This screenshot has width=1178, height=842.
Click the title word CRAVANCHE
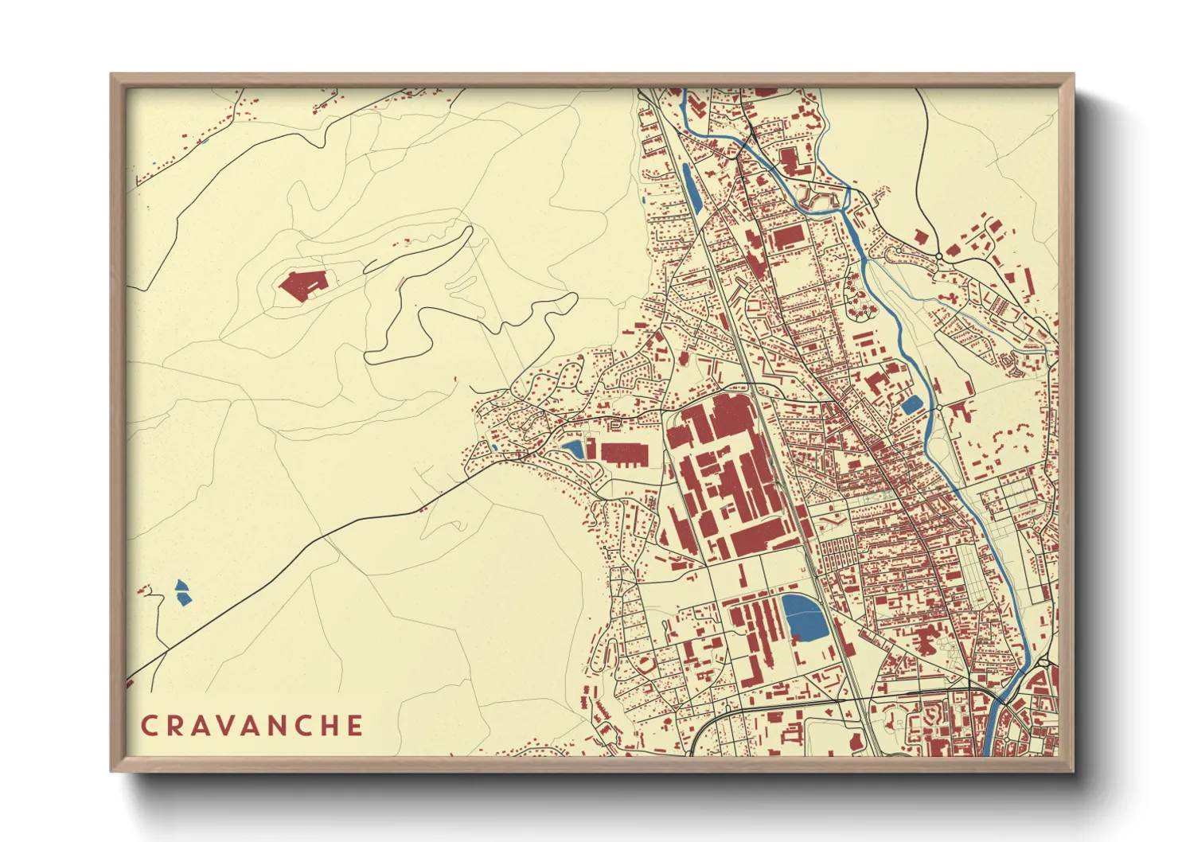coord(252,726)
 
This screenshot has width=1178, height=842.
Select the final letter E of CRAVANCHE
coord(354,726)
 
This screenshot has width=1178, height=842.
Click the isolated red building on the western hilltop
coord(303,285)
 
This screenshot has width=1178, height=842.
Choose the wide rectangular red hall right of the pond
coord(624,454)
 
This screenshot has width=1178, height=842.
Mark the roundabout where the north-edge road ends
coord(939,255)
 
